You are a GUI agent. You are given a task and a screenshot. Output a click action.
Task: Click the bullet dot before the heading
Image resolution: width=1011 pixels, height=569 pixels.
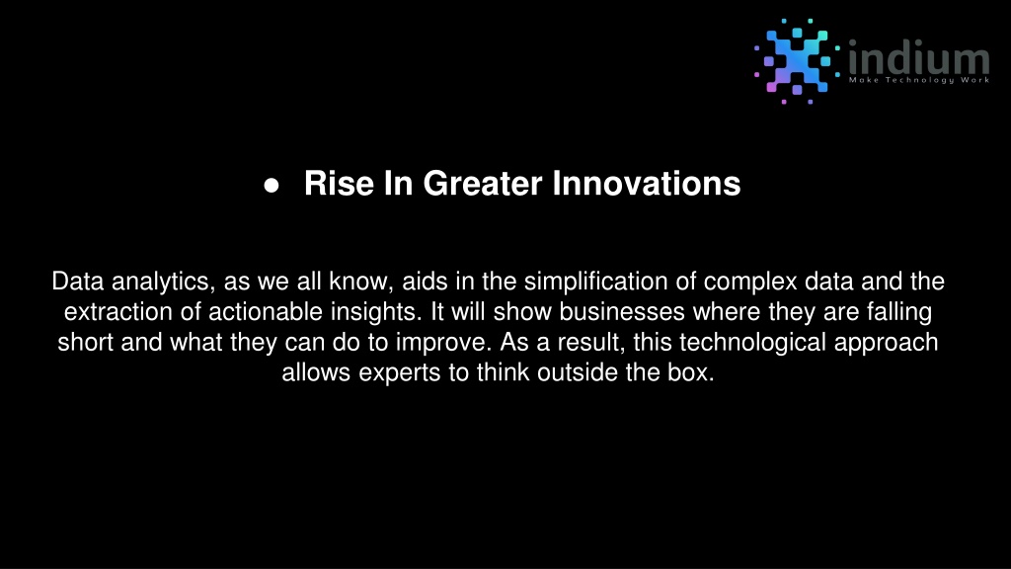point(272,186)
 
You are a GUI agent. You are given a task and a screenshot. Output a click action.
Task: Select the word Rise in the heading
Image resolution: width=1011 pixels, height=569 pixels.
point(340,183)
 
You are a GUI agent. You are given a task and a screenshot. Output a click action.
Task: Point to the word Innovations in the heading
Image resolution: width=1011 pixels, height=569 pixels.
point(646,183)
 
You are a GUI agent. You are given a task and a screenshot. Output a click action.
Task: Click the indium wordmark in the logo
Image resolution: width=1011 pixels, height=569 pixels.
point(919,57)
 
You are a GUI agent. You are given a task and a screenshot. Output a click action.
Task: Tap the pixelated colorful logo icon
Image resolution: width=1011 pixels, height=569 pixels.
point(797,60)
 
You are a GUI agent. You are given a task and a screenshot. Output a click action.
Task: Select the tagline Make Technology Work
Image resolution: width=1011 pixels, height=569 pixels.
point(919,80)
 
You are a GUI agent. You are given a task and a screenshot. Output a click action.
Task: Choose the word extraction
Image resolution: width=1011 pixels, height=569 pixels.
point(118,312)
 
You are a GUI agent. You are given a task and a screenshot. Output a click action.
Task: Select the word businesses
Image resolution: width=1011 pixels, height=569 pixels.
point(622,312)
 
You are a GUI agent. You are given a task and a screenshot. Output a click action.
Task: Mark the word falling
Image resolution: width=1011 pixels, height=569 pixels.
point(899,312)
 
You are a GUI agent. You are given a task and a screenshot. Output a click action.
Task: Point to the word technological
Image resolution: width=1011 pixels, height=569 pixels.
point(752,343)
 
